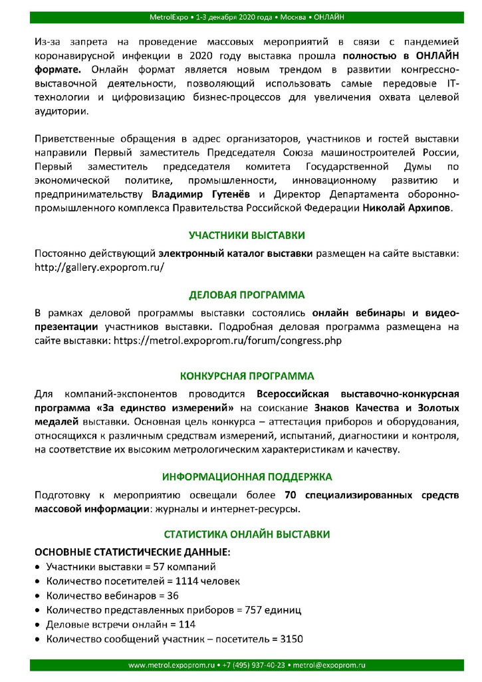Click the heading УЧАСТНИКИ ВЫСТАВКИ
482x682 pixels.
pyautogui.click(x=247, y=236)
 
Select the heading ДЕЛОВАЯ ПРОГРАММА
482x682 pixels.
pyautogui.click(x=247, y=294)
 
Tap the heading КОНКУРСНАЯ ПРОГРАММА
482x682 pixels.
pyautogui.click(x=247, y=376)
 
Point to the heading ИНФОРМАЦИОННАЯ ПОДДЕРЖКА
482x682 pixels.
pyautogui.click(x=247, y=477)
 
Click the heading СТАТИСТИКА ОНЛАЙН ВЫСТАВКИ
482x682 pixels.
pyautogui.click(x=247, y=535)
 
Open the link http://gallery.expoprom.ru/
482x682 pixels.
pyautogui.click(x=99, y=267)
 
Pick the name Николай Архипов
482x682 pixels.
pyautogui.click(x=407, y=209)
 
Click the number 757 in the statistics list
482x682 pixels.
pyautogui.click(x=257, y=610)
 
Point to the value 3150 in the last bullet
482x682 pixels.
pyautogui.click(x=290, y=639)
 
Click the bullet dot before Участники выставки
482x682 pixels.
pyautogui.click(x=37, y=567)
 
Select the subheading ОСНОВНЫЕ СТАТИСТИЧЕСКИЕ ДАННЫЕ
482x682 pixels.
pyautogui.click(x=132, y=552)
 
